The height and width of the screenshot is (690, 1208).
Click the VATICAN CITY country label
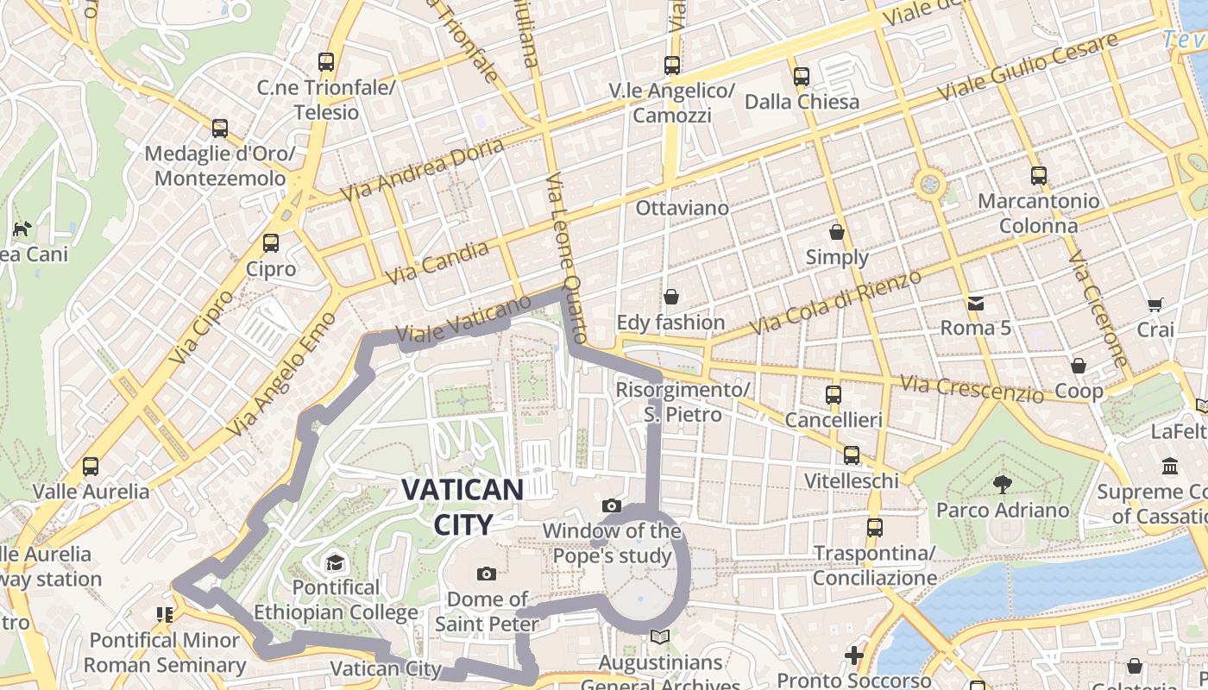coord(462,506)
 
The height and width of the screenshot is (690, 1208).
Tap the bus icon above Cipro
coord(271,243)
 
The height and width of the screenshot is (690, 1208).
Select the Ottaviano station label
coord(682,208)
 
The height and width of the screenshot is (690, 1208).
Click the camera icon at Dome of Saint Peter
coord(487,574)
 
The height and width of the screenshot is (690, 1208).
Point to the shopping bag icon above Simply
coord(836,231)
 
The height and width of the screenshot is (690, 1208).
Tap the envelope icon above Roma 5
coord(975,303)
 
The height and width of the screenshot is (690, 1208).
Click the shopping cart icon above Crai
coord(1155,304)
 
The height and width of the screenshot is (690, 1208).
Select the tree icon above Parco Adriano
coord(1002,484)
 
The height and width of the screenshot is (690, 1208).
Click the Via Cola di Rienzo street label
coord(835,302)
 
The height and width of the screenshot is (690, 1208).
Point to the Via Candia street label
coord(437,262)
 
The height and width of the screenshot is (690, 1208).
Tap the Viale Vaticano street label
coord(463,319)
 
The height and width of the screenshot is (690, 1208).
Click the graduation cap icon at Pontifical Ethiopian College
coord(335,563)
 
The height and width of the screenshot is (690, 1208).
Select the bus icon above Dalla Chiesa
coord(802,76)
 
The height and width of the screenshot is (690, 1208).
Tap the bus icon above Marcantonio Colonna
coord(1038,176)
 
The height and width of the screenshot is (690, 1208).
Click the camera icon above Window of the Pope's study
coord(612,505)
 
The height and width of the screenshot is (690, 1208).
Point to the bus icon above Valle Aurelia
coord(91,467)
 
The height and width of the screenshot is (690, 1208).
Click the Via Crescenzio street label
coord(971,389)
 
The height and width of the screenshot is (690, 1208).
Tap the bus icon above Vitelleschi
coord(852,455)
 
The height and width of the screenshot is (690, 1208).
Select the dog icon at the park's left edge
coord(22,229)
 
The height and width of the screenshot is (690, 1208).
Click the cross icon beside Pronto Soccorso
coord(854,655)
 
